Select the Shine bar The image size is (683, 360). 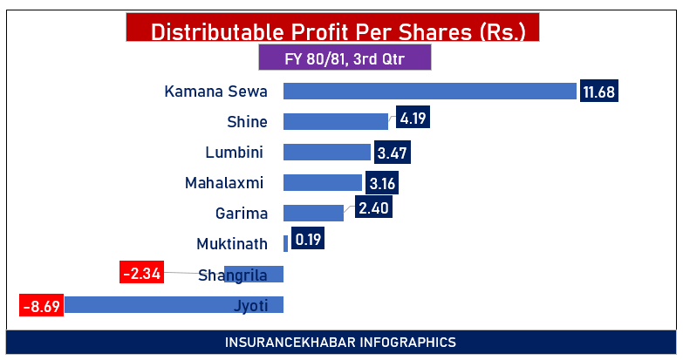(336, 122)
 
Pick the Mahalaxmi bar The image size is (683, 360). (323, 183)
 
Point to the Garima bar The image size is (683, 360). (313, 213)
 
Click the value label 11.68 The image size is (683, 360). (599, 92)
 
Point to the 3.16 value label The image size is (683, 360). (381, 183)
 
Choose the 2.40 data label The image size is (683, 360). (372, 207)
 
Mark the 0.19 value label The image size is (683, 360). (306, 238)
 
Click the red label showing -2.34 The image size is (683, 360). (141, 273)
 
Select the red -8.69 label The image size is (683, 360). (41, 306)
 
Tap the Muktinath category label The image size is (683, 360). (229, 243)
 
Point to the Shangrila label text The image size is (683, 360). (232, 275)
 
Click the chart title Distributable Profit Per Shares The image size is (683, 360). (338, 31)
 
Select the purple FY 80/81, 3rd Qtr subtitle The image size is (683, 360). (345, 59)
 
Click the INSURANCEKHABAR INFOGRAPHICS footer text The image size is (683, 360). (340, 342)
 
